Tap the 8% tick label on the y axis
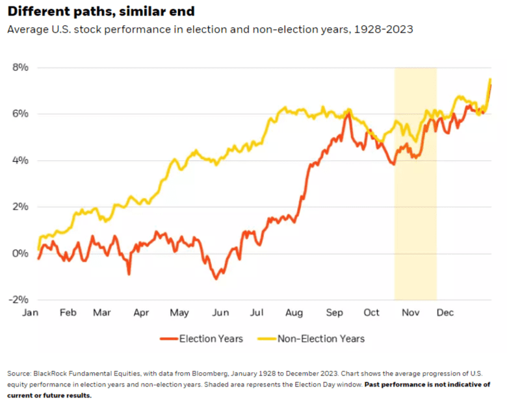point(20,68)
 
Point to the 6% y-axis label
point(20,114)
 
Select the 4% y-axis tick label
point(20,160)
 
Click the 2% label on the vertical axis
point(20,207)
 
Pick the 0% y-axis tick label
point(20,253)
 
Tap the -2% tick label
point(19,300)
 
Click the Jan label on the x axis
point(31,313)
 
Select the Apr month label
point(141,313)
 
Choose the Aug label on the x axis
point(294,313)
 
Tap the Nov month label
point(409,313)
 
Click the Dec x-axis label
point(445,313)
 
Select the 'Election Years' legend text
point(211,338)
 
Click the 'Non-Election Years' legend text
point(321,338)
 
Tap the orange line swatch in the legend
point(168,338)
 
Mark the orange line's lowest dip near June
point(216,279)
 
